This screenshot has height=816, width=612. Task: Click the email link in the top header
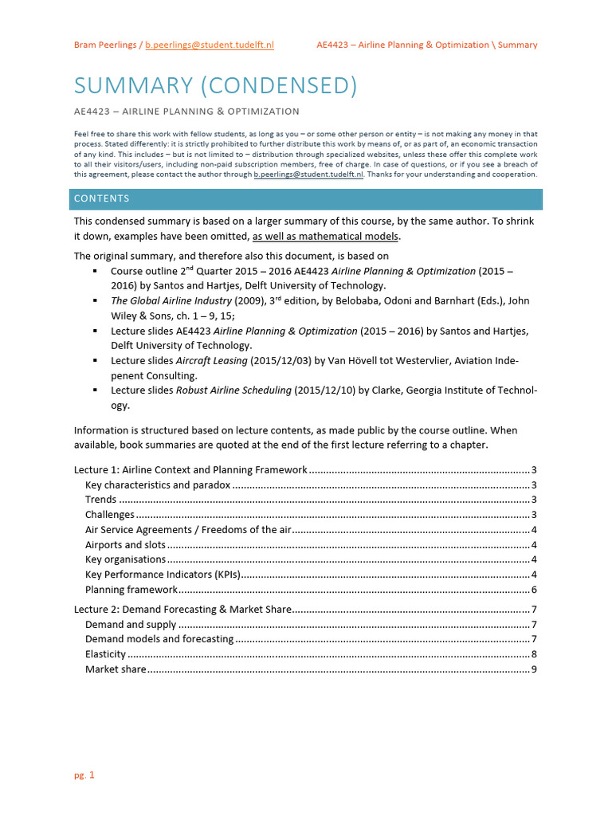coord(210,45)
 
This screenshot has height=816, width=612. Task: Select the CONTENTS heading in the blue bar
coord(101,198)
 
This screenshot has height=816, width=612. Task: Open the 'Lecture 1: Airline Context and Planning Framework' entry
coord(191,470)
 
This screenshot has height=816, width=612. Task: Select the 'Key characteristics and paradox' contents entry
coord(158,484)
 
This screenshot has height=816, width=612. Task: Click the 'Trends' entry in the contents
coord(100,500)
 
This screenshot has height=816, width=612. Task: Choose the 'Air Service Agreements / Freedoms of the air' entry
coord(189,530)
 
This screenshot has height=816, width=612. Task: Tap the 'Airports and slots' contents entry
coord(125,545)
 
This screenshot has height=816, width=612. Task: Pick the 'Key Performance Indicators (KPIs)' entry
coord(162,575)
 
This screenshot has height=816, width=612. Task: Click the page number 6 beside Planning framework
coord(534,590)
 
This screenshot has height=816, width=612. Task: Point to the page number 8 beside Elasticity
coord(534,654)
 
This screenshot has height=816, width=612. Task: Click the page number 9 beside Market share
coord(534,669)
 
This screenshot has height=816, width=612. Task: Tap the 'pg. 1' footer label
coord(84,775)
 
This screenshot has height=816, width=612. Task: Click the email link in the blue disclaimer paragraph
coord(308,174)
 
